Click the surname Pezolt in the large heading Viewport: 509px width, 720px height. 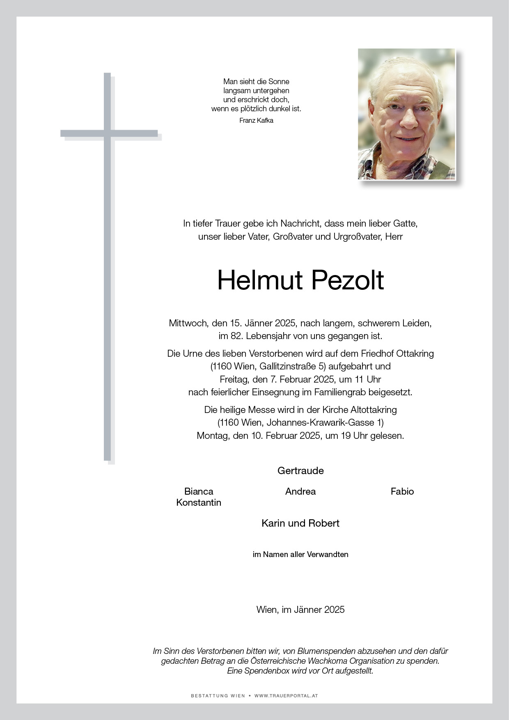[348, 281]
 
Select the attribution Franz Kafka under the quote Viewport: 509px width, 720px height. [256, 121]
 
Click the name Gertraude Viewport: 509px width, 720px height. [300, 471]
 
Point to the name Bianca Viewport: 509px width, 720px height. [199, 491]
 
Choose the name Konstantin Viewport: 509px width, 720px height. [199, 502]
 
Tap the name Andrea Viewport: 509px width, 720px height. [300, 491]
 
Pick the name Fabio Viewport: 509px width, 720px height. [402, 491]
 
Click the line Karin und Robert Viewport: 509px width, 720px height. [300, 523]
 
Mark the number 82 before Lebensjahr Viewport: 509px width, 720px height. [235, 336]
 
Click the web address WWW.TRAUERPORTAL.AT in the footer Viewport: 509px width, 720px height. [286, 696]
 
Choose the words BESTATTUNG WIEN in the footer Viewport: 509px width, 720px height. [218, 696]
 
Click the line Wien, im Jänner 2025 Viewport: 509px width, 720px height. [300, 610]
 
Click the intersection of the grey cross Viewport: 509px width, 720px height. [108, 133]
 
